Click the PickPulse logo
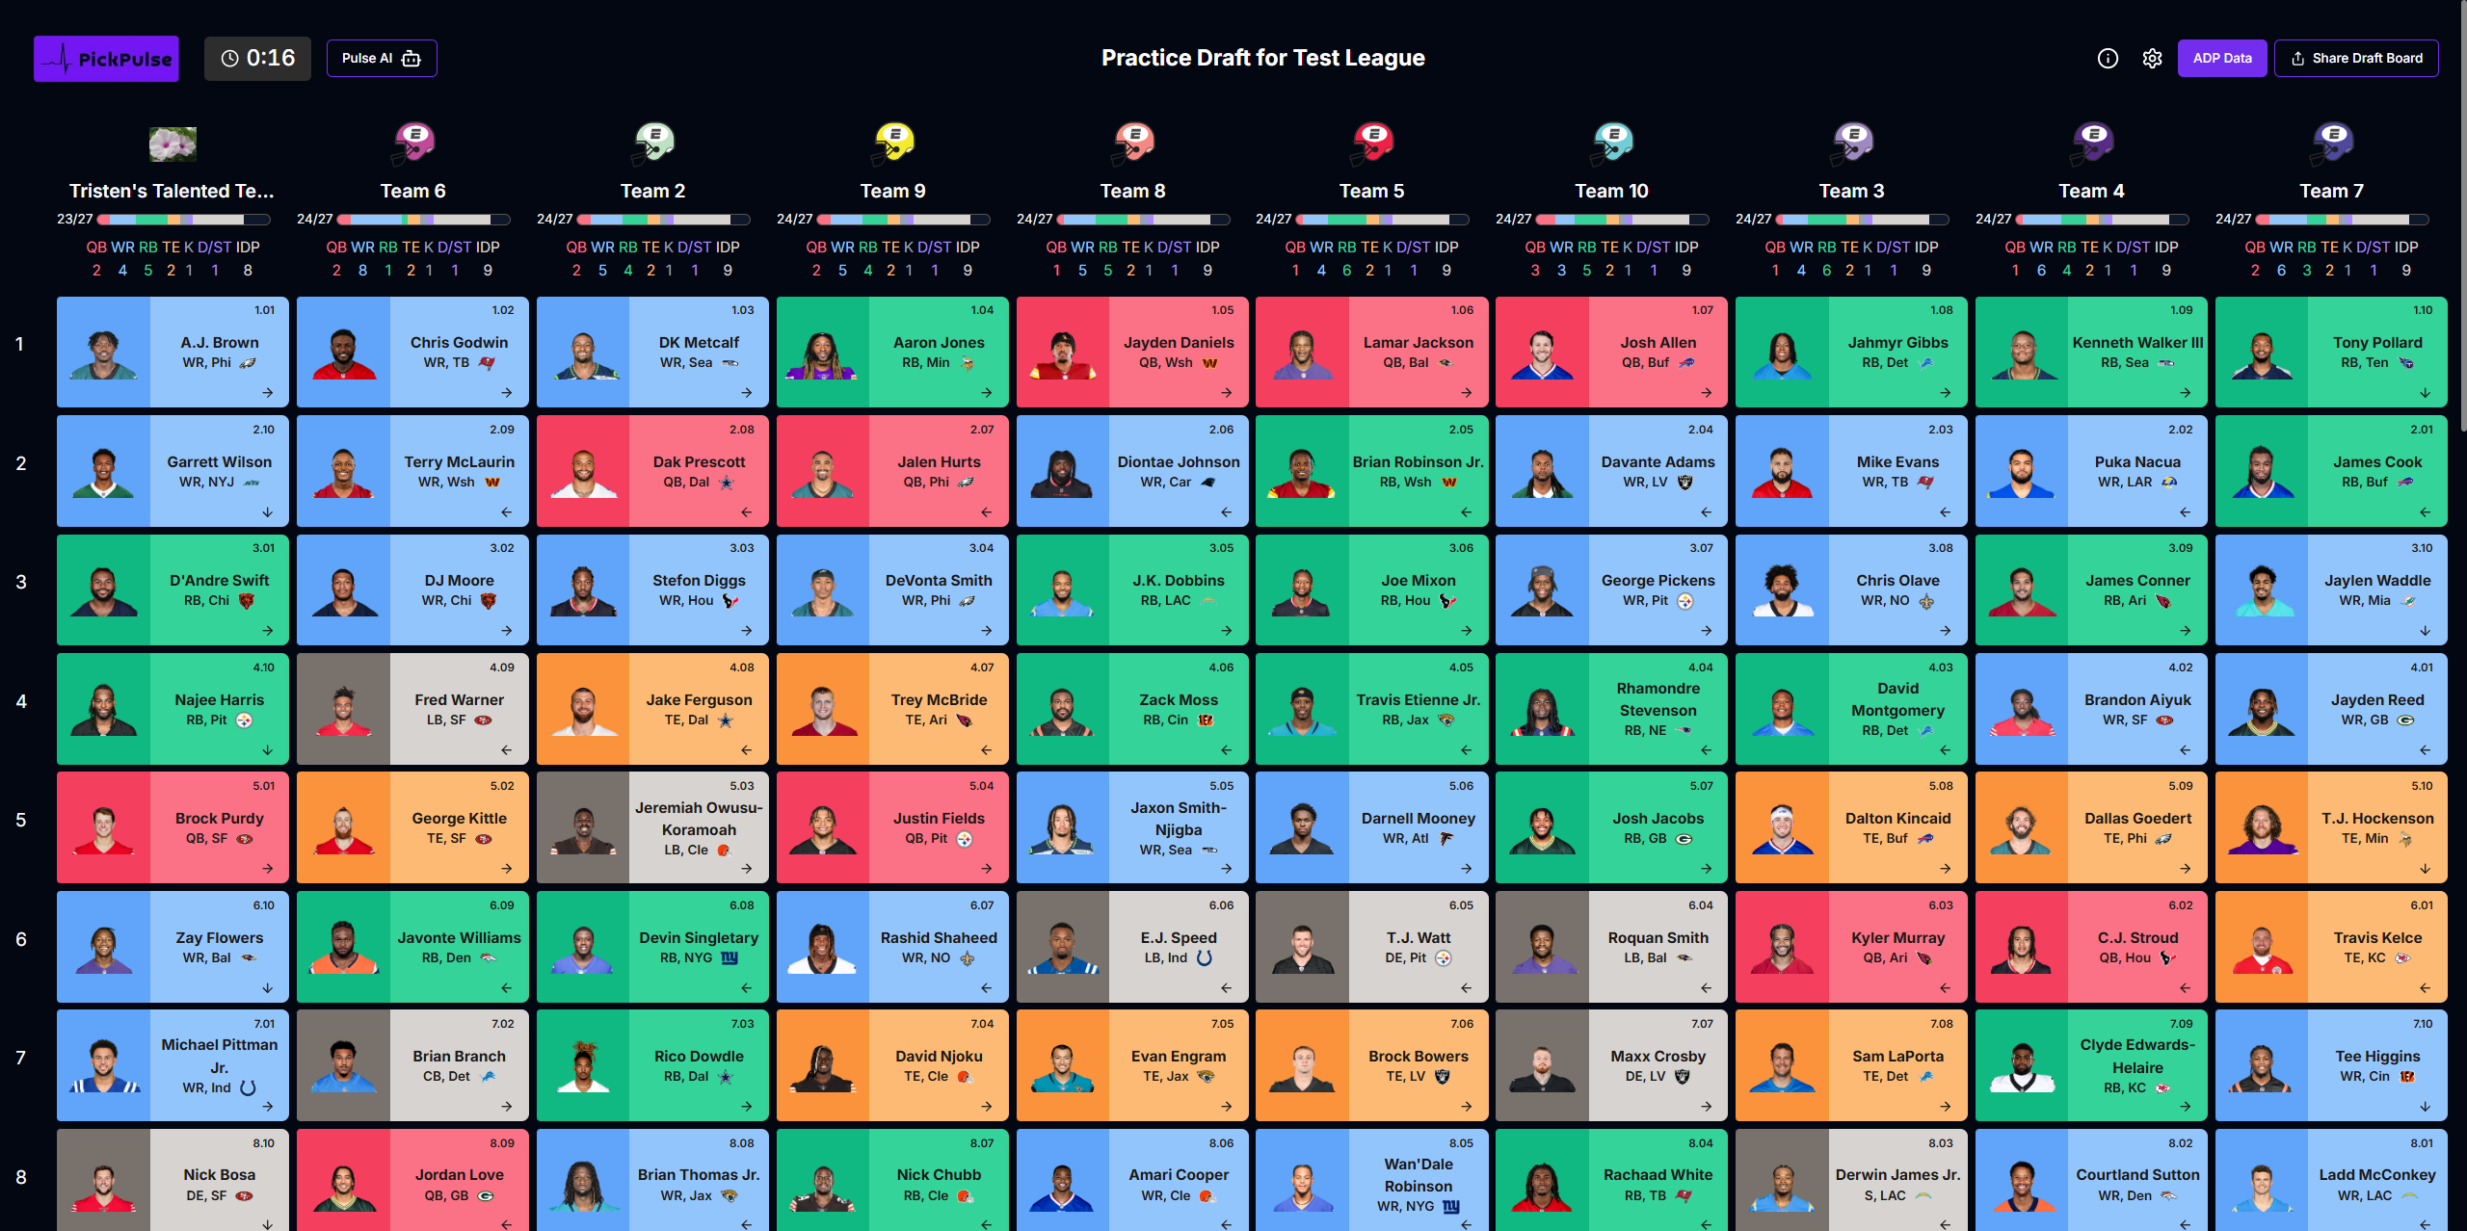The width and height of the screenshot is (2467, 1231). coord(106,59)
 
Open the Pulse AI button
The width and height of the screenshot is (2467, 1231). coord(382,59)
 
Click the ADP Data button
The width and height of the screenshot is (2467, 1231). coord(2221,59)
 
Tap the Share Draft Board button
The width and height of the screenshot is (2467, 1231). coord(2356,59)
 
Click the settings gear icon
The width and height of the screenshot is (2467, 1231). coord(2152,59)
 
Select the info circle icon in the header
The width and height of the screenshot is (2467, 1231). coord(2108,59)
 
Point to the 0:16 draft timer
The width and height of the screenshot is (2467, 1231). coord(257,59)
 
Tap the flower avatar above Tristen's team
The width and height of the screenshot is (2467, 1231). coord(172,144)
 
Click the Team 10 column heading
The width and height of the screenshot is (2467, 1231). coord(1611,191)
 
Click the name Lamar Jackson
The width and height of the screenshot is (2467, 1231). coord(1418,342)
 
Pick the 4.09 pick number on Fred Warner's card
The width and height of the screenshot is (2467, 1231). coord(501,668)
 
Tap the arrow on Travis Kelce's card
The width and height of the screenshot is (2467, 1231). coord(2425,987)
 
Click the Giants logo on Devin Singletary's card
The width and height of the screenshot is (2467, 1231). coord(729,958)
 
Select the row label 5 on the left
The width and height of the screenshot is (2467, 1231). coord(21,820)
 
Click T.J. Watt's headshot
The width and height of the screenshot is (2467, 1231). coord(1302,948)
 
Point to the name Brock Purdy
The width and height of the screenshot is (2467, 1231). coord(219,818)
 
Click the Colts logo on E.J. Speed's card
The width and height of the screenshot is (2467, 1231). coord(1205,958)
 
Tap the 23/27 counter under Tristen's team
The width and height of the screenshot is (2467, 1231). coord(75,220)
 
